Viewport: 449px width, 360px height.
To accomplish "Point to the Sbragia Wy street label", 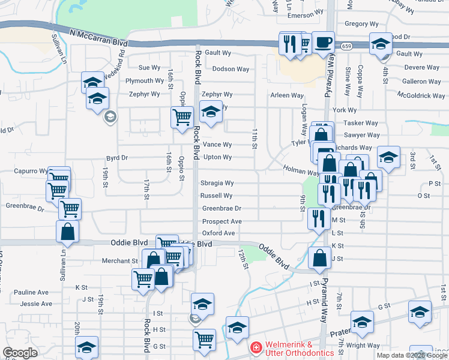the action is tap(217, 183).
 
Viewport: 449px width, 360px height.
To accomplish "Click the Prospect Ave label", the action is tap(221, 221).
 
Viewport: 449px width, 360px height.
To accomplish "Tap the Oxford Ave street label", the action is tap(218, 233).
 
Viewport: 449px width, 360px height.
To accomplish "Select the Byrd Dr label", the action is tap(117, 158).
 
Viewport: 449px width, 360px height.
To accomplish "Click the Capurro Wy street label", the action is tap(31, 171).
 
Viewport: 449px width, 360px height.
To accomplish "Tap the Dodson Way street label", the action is tap(231, 69).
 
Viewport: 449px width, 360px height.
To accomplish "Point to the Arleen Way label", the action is tap(287, 95).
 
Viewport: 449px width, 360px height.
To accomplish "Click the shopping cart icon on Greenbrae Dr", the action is tap(70, 209).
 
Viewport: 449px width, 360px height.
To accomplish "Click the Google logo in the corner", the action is tap(20, 353).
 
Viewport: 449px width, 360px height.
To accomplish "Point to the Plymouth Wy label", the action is tap(145, 81).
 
